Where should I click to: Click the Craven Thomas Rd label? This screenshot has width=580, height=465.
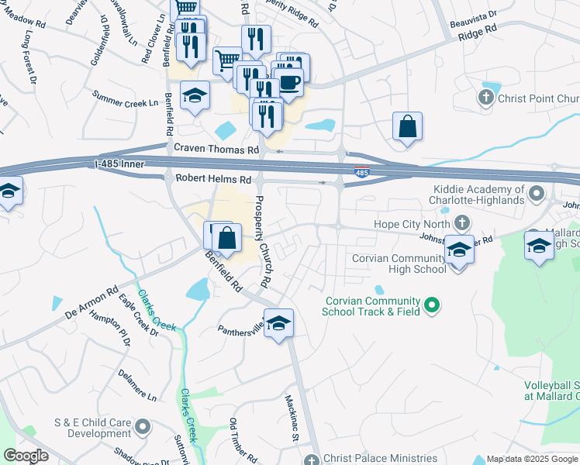(216, 149)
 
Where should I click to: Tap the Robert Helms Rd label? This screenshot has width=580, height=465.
(213, 179)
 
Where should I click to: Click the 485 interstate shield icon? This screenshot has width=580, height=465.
(361, 172)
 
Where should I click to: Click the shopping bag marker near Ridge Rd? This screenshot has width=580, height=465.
(407, 126)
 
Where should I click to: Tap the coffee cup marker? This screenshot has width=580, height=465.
(289, 81)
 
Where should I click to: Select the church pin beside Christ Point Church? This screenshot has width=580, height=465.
(486, 98)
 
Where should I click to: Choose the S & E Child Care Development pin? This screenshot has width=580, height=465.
(142, 426)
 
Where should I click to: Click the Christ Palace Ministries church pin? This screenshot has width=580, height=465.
(312, 459)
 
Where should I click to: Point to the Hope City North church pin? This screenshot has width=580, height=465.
(461, 224)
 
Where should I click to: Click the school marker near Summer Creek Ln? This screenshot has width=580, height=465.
(195, 96)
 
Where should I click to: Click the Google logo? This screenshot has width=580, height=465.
(26, 456)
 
